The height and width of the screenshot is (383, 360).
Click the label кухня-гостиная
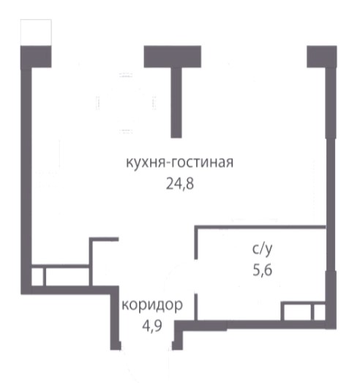179,163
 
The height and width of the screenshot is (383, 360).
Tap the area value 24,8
180,184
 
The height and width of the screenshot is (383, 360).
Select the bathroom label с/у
262,249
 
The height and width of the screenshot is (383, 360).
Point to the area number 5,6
263,270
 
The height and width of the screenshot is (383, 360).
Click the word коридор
152,305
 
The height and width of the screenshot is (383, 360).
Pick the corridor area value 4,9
152,325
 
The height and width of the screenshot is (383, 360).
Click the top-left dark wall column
36,56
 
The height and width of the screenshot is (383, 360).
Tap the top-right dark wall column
322,56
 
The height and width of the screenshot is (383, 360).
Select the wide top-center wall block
173,56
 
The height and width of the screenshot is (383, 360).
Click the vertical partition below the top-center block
176,103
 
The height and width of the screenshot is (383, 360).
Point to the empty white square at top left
36,32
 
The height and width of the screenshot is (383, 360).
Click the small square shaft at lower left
37,276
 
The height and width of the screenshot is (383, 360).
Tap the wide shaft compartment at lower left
67,276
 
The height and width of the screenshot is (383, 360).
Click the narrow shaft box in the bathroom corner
320,312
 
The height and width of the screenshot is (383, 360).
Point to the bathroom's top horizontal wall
260,227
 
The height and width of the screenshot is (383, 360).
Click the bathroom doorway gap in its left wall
196,276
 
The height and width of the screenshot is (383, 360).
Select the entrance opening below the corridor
146,346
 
